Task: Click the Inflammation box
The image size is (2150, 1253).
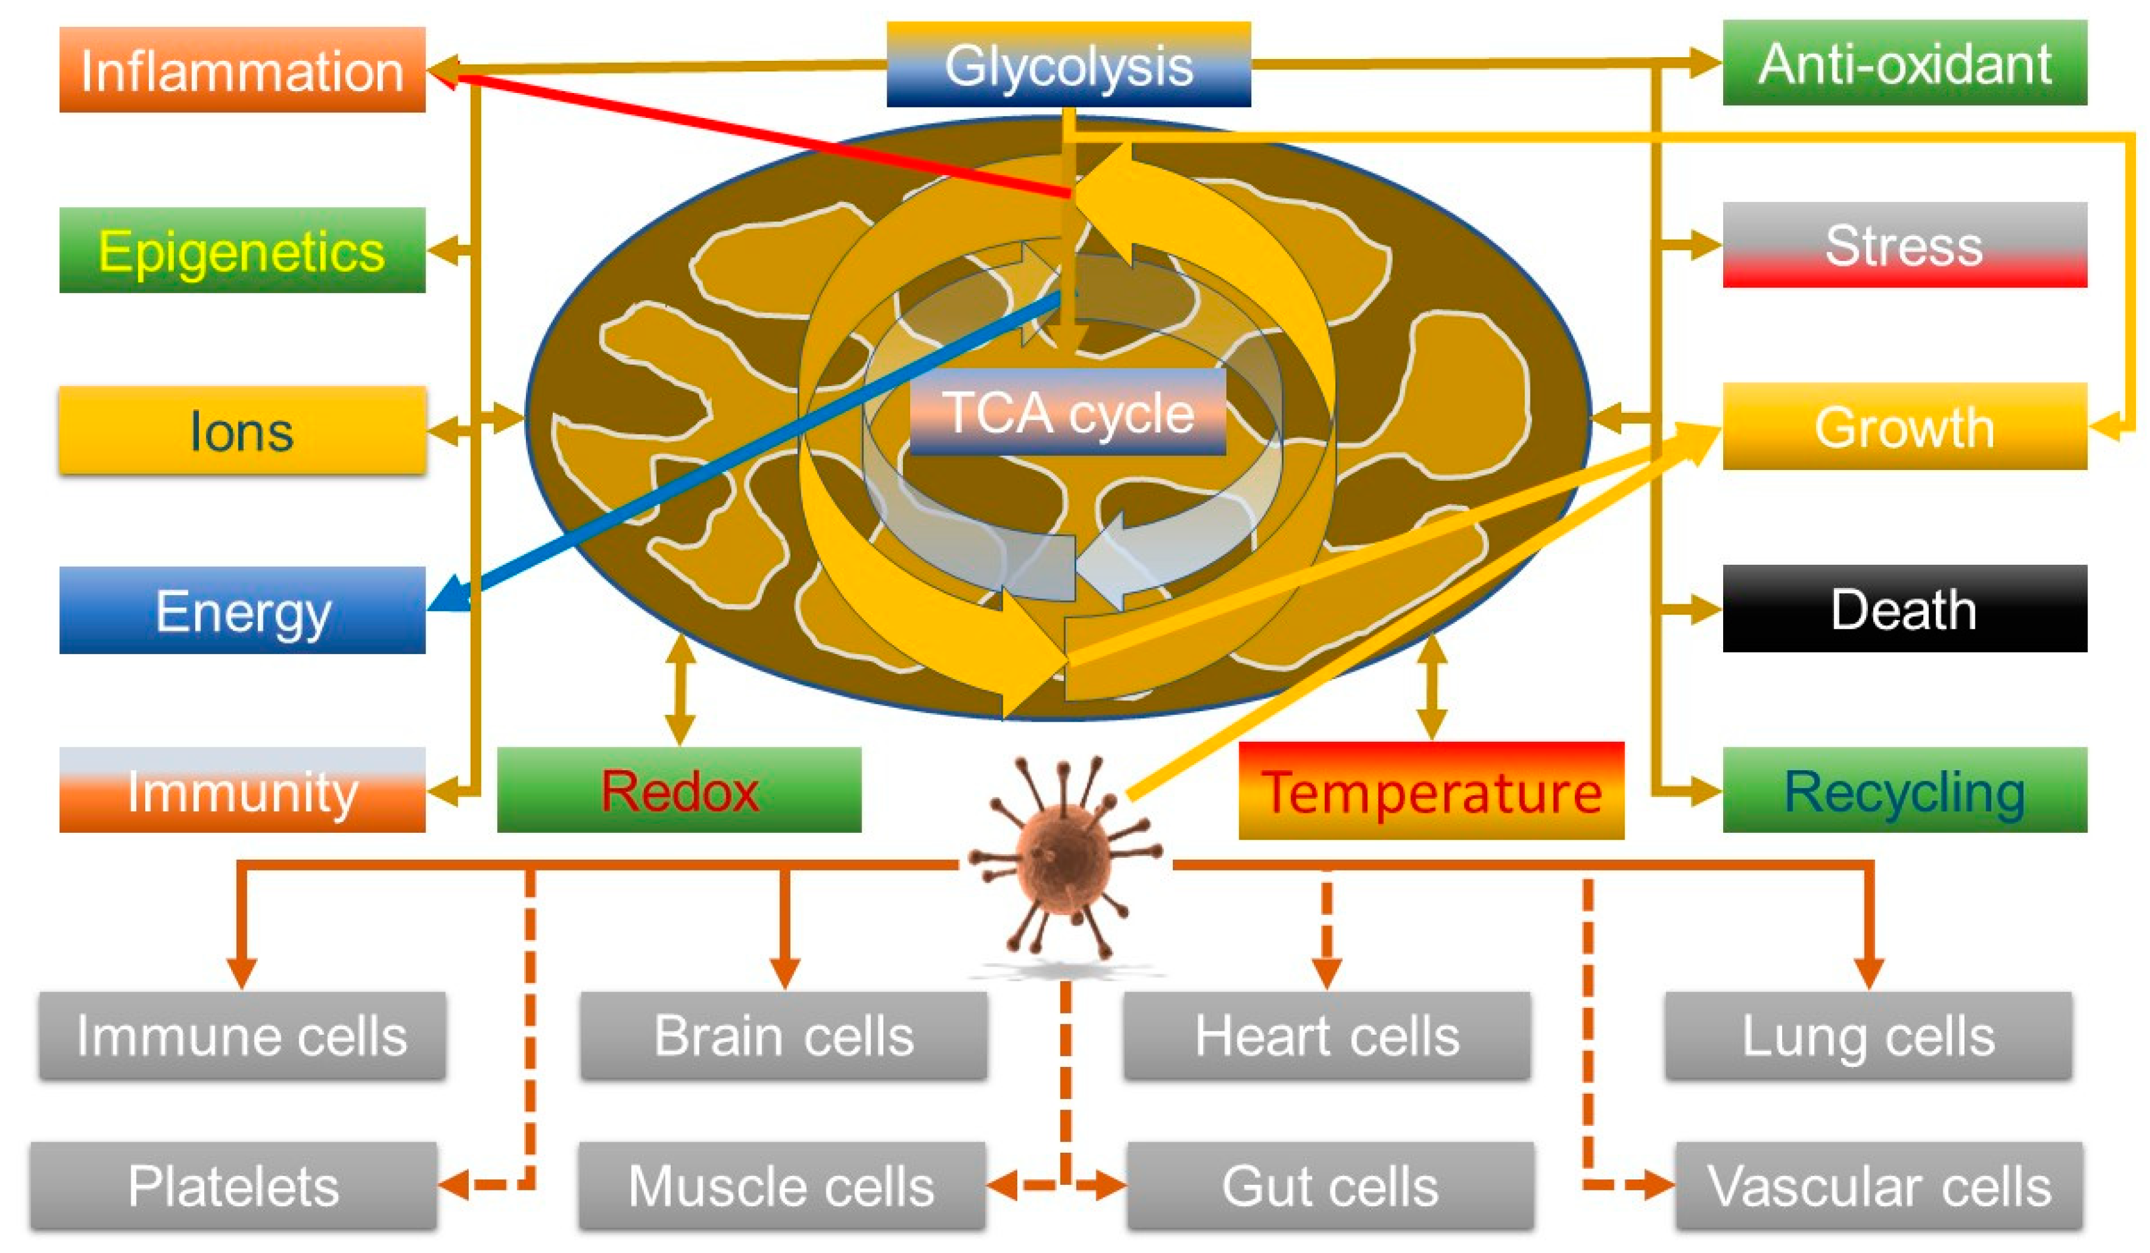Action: pyautogui.click(x=243, y=70)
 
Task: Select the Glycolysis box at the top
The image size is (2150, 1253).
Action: pyautogui.click(x=1068, y=65)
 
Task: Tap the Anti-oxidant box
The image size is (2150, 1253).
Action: pyautogui.click(x=1904, y=63)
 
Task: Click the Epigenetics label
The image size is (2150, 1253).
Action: pyautogui.click(x=243, y=250)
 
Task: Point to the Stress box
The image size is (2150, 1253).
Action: pyautogui.click(x=1904, y=245)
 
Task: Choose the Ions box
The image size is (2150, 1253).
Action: pyautogui.click(x=243, y=431)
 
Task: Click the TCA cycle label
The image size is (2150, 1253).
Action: pyautogui.click(x=1068, y=413)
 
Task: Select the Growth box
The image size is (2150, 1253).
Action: pyautogui.click(x=1904, y=426)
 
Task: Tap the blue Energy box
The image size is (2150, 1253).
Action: pyautogui.click(x=243, y=611)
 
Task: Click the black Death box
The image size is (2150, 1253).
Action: pyautogui.click(x=1904, y=609)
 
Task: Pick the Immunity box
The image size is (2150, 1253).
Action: pyautogui.click(x=243, y=791)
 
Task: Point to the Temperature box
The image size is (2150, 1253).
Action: pyautogui.click(x=1431, y=792)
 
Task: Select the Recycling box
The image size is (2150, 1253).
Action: pyautogui.click(x=1904, y=791)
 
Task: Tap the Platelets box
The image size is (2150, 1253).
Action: pyautogui.click(x=233, y=1186)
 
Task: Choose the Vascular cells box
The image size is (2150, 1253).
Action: pyautogui.click(x=1879, y=1186)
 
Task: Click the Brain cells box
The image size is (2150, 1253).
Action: pyautogui.click(x=783, y=1035)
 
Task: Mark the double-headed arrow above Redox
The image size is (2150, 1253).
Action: pyautogui.click(x=679, y=689)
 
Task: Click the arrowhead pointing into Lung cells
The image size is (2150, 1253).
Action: pyautogui.click(x=1868, y=972)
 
